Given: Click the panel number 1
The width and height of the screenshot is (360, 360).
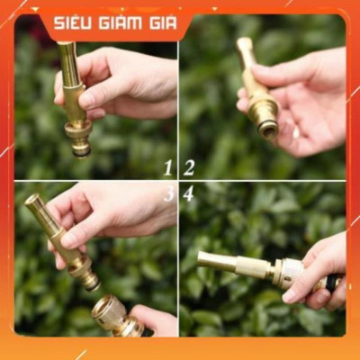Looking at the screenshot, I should (x=168, y=167).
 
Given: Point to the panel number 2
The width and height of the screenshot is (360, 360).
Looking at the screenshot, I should (x=189, y=167).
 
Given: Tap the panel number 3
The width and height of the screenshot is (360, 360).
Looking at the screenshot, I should (x=168, y=193).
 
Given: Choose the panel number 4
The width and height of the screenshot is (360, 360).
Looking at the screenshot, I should (x=189, y=193).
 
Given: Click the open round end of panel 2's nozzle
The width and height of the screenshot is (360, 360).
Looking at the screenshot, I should (x=268, y=130).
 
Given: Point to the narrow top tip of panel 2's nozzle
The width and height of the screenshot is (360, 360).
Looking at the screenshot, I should (x=244, y=42).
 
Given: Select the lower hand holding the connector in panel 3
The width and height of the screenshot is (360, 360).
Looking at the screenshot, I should (x=155, y=320).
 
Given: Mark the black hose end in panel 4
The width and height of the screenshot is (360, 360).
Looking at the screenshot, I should (x=333, y=283).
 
